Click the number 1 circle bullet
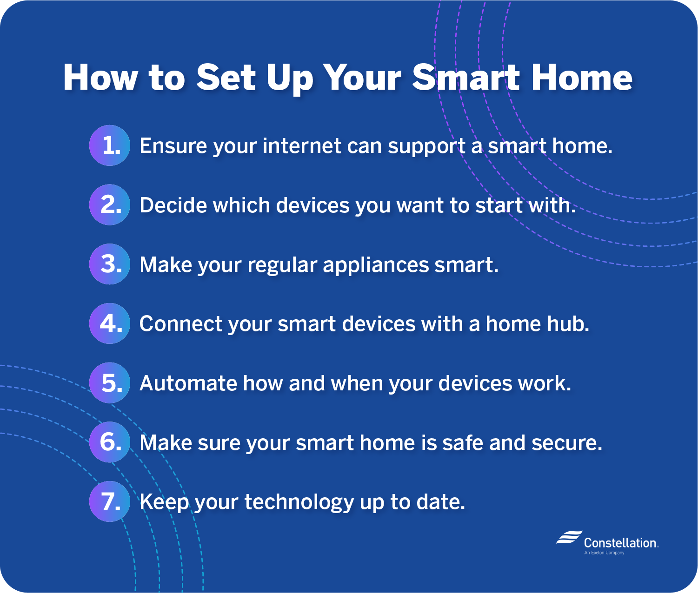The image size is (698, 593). (109, 145)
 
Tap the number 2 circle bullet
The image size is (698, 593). (109, 204)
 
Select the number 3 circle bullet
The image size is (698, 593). (109, 264)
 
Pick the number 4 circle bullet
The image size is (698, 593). (109, 323)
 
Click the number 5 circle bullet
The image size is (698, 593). (109, 383)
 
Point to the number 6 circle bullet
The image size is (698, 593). (109, 442)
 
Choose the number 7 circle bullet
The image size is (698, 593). (109, 501)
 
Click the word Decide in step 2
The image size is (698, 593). (171, 205)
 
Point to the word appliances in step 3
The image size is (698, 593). (376, 265)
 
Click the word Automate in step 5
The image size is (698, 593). (188, 383)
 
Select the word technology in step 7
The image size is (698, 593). (299, 502)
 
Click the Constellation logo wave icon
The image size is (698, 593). (569, 537)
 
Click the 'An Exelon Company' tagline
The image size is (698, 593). (604, 553)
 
